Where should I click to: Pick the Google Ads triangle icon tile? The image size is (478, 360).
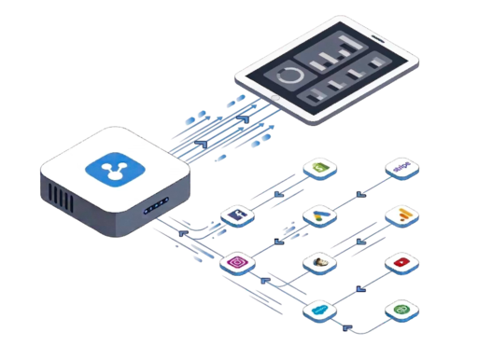[x=317, y=216]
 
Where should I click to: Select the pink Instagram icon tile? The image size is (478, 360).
[x=237, y=264]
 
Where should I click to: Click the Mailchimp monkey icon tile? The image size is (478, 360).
[x=317, y=264]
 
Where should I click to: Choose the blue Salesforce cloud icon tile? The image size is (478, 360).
[x=317, y=310]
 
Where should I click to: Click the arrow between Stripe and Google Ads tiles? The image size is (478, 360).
[x=359, y=192]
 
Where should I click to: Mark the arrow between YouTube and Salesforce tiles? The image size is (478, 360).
[x=359, y=287]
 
